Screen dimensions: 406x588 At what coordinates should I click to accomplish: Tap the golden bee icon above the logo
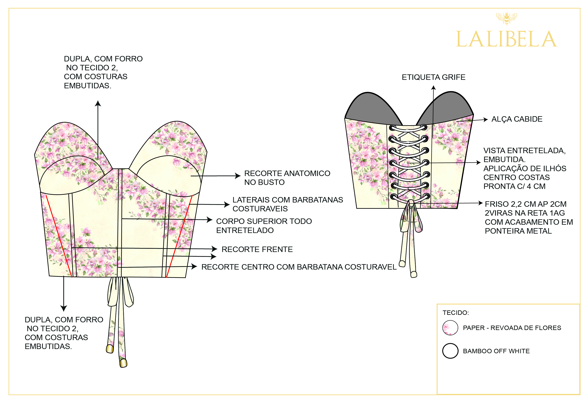coord(506,18)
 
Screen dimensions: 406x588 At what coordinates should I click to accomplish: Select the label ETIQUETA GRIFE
coord(433,77)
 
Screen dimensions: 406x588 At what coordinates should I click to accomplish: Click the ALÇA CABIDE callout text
coord(517,119)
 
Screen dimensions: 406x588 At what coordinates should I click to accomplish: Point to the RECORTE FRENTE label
coord(257,249)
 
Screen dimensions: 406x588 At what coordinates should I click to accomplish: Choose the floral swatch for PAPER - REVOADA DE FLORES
coord(450,328)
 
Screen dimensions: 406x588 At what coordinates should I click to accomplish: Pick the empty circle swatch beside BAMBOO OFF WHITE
coord(450,351)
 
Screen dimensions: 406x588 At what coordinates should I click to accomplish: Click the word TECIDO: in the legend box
coord(456,313)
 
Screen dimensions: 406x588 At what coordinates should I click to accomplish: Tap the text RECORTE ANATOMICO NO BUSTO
coord(287,178)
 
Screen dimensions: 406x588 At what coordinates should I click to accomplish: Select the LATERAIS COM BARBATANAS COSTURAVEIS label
coord(288,204)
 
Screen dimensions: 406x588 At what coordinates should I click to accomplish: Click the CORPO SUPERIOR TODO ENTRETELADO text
coord(264,226)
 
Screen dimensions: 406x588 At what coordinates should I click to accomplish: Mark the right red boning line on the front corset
coord(179,237)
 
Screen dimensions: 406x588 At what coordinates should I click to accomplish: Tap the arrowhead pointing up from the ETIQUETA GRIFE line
coord(434,88)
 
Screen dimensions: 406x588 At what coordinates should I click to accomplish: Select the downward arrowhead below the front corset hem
coord(64,308)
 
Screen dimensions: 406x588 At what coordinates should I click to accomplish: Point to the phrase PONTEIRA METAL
coord(518,231)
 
